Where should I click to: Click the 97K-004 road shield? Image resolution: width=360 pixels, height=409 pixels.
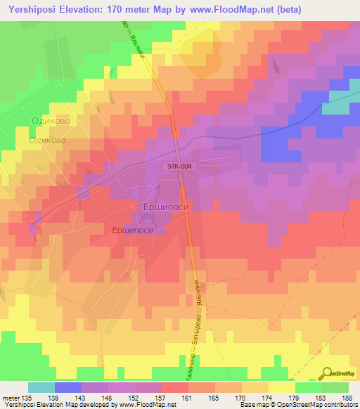click(180, 167)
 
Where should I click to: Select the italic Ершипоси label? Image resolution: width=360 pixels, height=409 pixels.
click(134, 230)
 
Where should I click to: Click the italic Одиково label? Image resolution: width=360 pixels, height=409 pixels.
click(47, 141)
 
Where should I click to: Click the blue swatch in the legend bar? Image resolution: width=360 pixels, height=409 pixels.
click(68, 387)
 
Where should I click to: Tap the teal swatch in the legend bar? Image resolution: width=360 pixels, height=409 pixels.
click(41, 387)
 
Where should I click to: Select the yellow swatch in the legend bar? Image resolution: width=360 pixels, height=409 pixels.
click(281, 387)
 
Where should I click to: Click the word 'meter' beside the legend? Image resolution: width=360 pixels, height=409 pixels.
click(12, 397)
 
